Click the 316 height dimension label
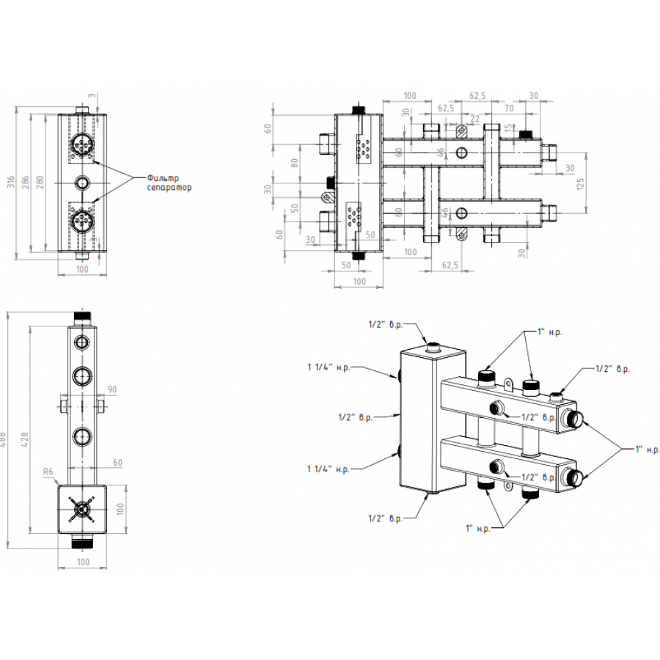(10, 183)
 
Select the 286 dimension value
(27, 182)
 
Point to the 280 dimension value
(41, 182)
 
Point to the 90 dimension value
(112, 389)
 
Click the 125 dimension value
(579, 183)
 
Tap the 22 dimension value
(474, 119)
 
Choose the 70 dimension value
(509, 107)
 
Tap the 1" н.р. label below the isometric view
(477, 527)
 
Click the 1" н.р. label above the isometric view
(549, 333)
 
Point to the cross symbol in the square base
(81, 507)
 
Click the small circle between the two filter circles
(82, 181)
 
